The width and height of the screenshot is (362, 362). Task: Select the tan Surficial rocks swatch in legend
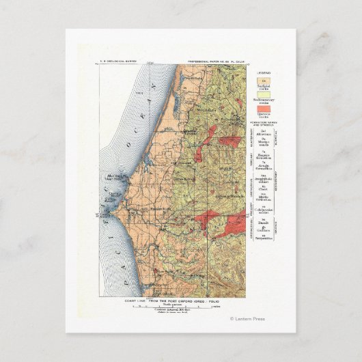pos(263,81)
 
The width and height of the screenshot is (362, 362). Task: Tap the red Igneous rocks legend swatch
pos(263,109)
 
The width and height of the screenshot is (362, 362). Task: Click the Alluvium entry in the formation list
pos(263,135)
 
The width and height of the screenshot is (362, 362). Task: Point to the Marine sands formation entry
pos(263,143)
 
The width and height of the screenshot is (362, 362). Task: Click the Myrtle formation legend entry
pos(263,197)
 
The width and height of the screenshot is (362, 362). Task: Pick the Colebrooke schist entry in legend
pos(263,208)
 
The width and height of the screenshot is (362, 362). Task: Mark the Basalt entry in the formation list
pos(263,221)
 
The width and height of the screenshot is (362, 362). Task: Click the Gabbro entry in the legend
pos(263,229)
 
